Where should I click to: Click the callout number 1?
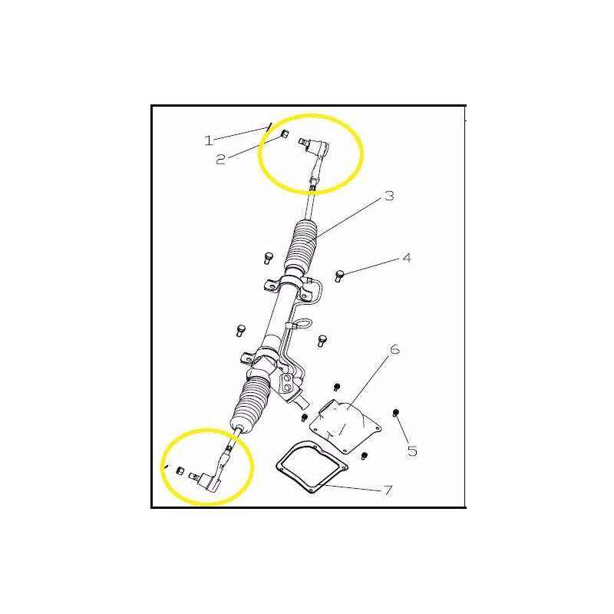click(x=208, y=140)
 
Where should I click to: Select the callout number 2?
click(x=221, y=160)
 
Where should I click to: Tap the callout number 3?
click(x=389, y=196)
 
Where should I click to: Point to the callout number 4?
click(x=407, y=258)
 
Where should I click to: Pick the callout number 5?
click(x=412, y=451)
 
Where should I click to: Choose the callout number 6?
click(x=395, y=350)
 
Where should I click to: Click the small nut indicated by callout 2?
click(x=285, y=135)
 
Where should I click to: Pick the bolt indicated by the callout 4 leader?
click(x=340, y=275)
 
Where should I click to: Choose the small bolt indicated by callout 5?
click(x=396, y=414)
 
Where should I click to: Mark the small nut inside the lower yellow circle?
click(x=179, y=470)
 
